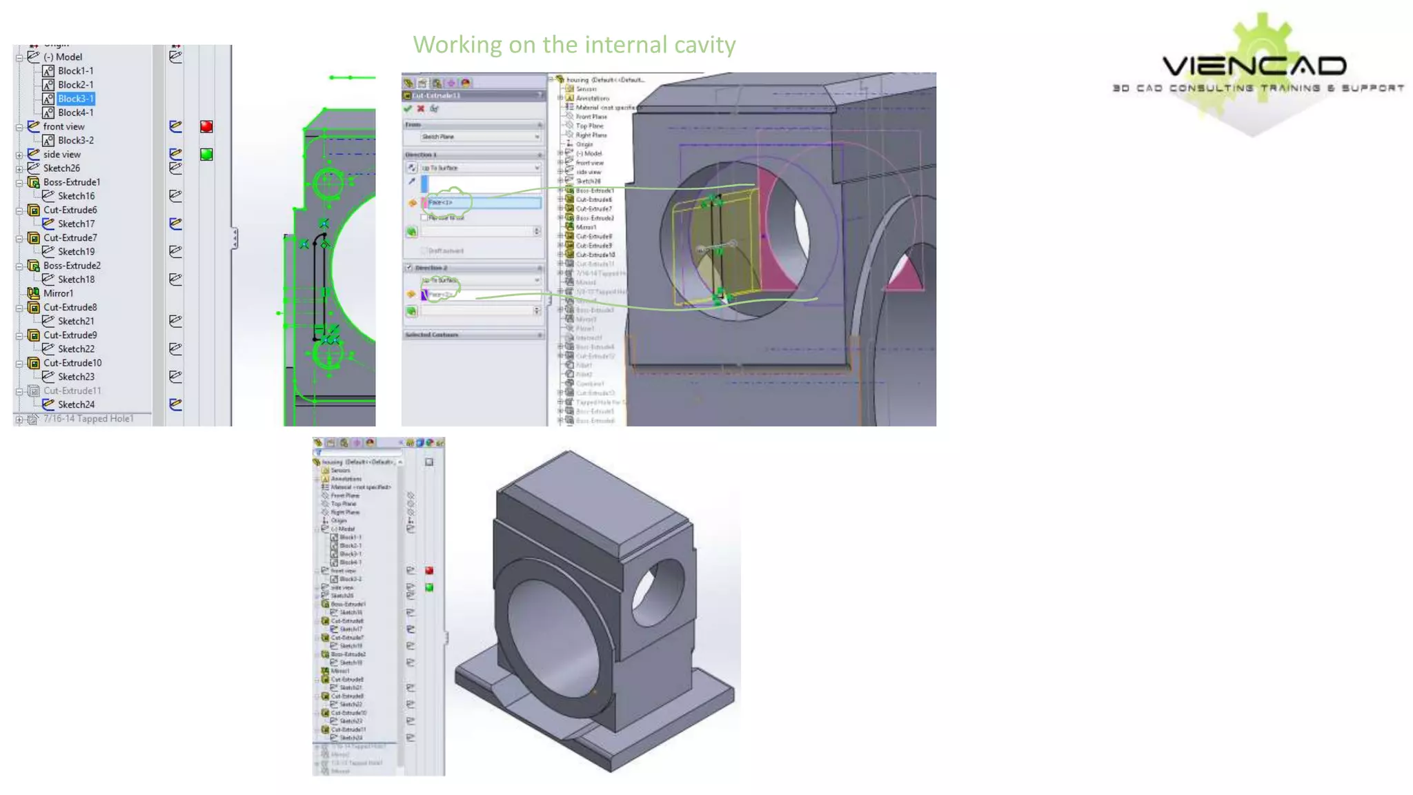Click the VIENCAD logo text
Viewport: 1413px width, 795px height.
pos(1254,66)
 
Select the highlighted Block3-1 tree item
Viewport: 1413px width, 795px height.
pos(75,99)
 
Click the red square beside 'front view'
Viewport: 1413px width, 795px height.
pos(206,126)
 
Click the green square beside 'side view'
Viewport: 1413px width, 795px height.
pos(206,155)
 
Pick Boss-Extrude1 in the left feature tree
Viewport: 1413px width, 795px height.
pos(72,182)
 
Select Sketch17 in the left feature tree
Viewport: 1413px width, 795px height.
pos(76,224)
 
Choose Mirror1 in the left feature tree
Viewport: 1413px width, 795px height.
pos(58,293)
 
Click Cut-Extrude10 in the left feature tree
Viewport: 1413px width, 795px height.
pos(72,363)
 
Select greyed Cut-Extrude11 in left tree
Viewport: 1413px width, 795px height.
pos(72,391)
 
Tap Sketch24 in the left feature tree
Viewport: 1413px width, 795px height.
pos(76,404)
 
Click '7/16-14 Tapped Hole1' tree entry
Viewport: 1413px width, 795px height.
pos(88,419)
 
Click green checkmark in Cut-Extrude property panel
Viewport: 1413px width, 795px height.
pos(408,109)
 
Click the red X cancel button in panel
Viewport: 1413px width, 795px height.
pos(421,109)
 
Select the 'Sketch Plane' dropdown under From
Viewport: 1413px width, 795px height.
pos(480,137)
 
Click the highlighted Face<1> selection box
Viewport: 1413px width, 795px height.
pos(483,203)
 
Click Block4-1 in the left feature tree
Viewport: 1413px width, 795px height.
pos(75,112)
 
